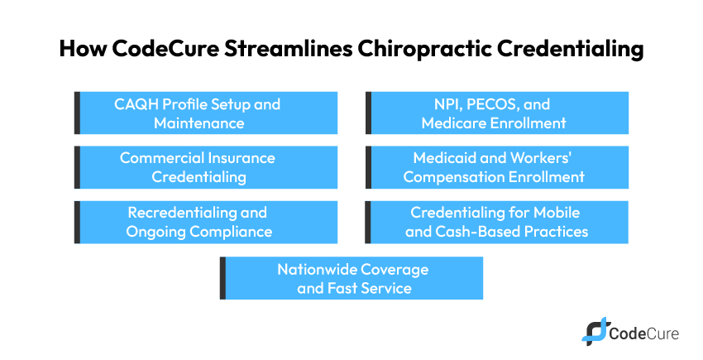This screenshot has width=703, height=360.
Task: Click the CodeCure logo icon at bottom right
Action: click(594, 331)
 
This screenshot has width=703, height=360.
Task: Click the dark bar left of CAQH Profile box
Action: click(77, 113)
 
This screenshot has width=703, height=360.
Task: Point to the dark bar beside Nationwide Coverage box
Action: click(222, 278)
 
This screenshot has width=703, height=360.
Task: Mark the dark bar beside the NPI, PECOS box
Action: click(369, 113)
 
